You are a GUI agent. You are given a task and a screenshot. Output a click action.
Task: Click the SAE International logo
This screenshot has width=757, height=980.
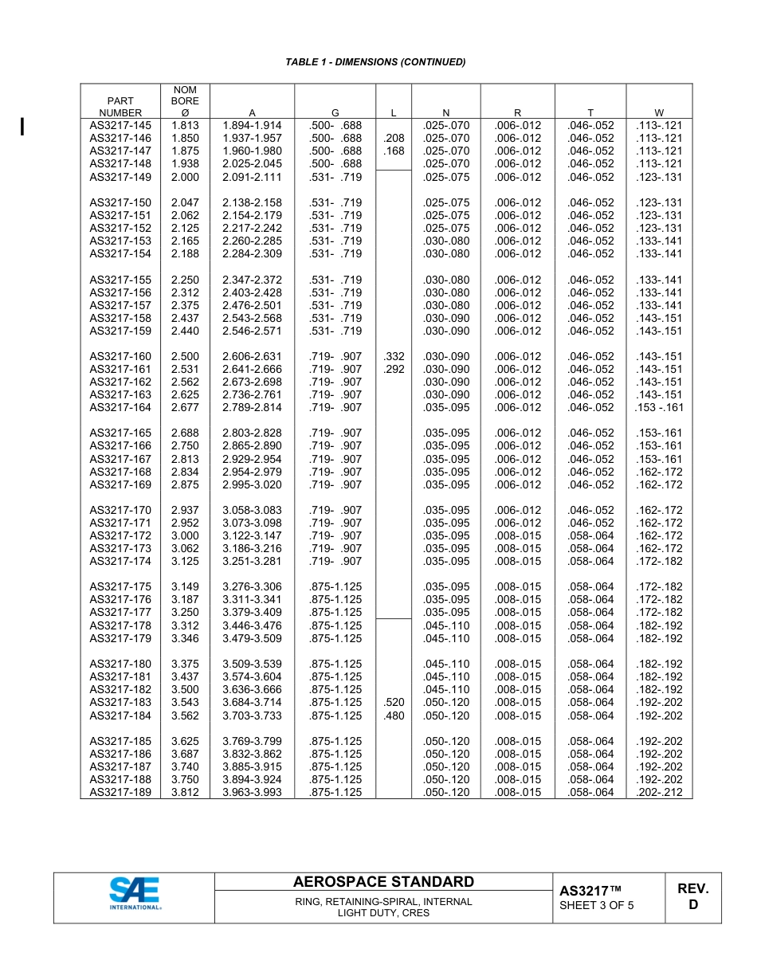tap(135, 893)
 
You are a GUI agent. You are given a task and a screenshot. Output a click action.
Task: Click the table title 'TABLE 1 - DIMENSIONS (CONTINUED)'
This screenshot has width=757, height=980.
tap(375, 62)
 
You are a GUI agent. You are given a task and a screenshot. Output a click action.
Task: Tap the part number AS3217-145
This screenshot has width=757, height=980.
tap(120, 125)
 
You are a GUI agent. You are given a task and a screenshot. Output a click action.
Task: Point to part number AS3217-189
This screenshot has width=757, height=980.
tap(120, 793)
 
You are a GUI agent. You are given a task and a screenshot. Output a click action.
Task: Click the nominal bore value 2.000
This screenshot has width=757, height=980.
tap(185, 177)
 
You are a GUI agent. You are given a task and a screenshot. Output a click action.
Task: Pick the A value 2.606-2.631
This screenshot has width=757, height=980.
tap(252, 356)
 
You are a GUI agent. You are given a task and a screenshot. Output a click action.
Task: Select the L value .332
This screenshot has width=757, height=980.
tap(394, 356)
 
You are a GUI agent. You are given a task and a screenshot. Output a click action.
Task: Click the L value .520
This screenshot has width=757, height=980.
tap(394, 703)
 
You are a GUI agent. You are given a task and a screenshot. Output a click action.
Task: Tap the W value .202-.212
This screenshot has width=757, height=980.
tap(659, 793)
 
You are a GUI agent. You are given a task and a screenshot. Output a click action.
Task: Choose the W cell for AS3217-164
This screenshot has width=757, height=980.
tap(659, 408)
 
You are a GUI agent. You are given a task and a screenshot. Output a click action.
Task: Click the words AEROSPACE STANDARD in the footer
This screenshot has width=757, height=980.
tap(383, 882)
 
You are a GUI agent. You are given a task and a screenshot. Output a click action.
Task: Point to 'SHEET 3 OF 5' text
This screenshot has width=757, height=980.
tap(597, 905)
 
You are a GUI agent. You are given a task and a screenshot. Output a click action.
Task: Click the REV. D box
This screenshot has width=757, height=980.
tap(692, 897)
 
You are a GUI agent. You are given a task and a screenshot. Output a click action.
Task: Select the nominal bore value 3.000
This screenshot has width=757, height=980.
tap(185, 536)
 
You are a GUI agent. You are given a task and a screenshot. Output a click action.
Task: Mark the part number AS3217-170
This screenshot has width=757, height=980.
tap(120, 511)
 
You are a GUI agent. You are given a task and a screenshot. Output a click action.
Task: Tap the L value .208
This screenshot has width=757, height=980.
tap(394, 138)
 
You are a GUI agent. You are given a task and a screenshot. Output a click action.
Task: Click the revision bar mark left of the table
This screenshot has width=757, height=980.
tap(22, 126)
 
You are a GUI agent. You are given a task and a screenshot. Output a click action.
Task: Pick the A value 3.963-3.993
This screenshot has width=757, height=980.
tap(252, 793)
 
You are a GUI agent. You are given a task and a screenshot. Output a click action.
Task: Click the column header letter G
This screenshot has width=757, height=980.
tap(335, 113)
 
